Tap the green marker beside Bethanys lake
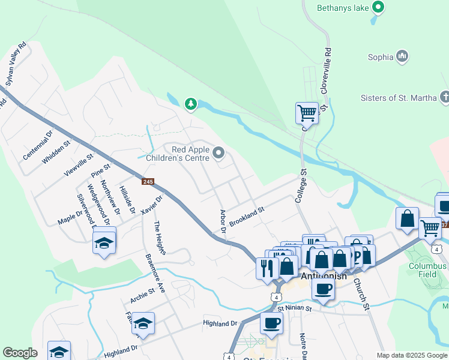[x=378, y=7]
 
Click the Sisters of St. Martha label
[x=399, y=98]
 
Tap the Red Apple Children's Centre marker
[x=219, y=154]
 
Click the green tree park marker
[x=191, y=104]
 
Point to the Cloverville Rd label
[x=327, y=71]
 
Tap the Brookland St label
[x=247, y=217]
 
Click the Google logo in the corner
[x=20, y=353]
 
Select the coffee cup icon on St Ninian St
[x=271, y=323]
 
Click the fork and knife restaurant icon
[x=267, y=267]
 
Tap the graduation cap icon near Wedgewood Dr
[x=104, y=243]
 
